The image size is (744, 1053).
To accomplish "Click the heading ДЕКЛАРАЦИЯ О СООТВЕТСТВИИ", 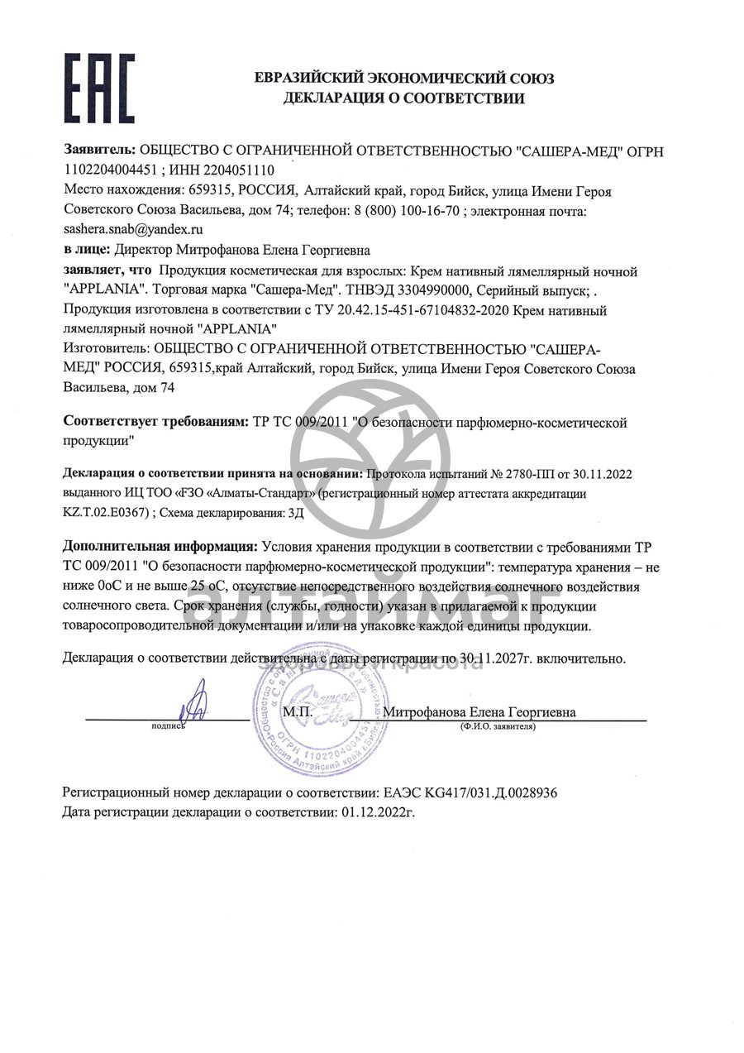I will [403, 99].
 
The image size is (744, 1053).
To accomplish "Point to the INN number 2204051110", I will [235, 170].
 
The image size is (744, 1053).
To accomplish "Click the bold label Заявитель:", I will [99, 151].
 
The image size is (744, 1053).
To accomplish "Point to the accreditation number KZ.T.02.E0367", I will [106, 513].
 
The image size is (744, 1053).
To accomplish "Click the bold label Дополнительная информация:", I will [160, 548].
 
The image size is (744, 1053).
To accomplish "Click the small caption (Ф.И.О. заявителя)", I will [498, 727].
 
